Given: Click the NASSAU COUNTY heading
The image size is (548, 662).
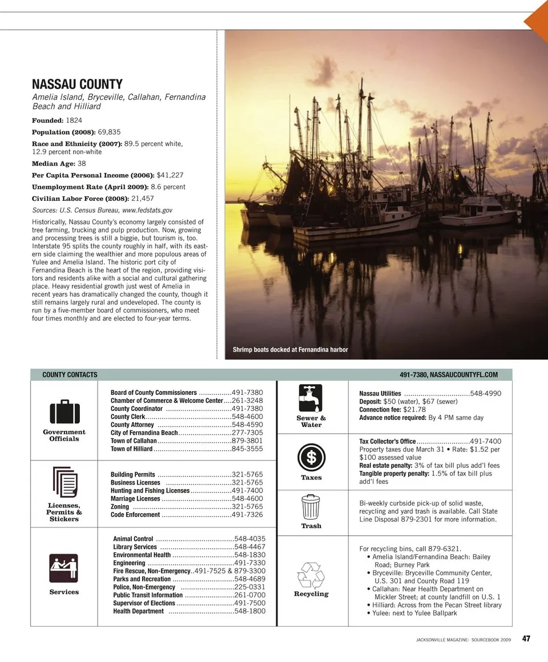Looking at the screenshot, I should pos(77,85).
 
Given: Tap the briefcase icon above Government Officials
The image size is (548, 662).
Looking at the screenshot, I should pos(64,411).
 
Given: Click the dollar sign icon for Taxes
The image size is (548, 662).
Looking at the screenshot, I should pos(311,458).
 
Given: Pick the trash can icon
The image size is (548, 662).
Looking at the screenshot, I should pos(311,507).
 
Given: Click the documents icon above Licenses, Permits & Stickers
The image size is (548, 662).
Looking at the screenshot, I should pos(64,483).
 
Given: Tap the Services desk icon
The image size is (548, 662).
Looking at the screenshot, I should pos(64,568).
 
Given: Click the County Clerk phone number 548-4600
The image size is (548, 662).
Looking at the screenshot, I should pos(247,417).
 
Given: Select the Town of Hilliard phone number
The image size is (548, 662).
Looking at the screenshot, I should pos(247,449).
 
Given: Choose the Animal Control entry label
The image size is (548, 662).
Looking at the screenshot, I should pos(133,539).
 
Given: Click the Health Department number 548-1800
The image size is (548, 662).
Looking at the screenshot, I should pos(249,611).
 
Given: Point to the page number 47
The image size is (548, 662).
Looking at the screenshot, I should pos(526,639).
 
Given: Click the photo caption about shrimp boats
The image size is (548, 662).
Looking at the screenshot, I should pos(290,350).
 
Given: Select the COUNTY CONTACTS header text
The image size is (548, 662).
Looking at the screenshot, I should pos(70,375).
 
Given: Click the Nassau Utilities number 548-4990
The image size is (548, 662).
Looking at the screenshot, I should pos(485,394).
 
